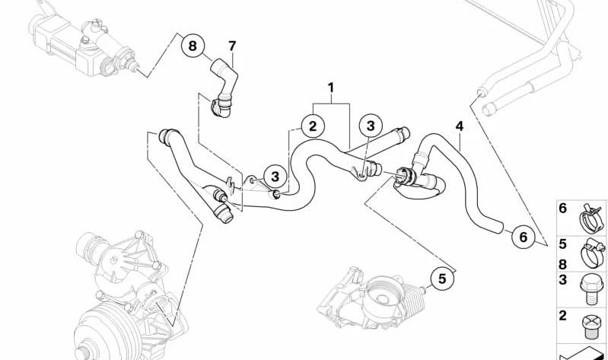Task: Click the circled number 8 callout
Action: (x=193, y=46)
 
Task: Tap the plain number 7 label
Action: (x=232, y=46)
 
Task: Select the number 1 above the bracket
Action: (x=330, y=88)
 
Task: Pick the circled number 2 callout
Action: (x=313, y=126)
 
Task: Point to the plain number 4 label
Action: (x=460, y=126)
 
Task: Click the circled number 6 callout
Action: (x=523, y=236)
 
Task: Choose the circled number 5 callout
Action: (x=442, y=279)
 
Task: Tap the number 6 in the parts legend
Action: (x=562, y=209)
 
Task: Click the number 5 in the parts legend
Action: (x=562, y=244)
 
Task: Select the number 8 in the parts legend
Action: (x=562, y=264)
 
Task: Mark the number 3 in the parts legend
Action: (x=562, y=279)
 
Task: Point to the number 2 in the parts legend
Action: (x=562, y=315)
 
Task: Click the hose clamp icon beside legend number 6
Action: (x=592, y=219)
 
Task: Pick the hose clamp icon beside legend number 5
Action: (x=593, y=253)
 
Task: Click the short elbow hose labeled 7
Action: (x=224, y=88)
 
